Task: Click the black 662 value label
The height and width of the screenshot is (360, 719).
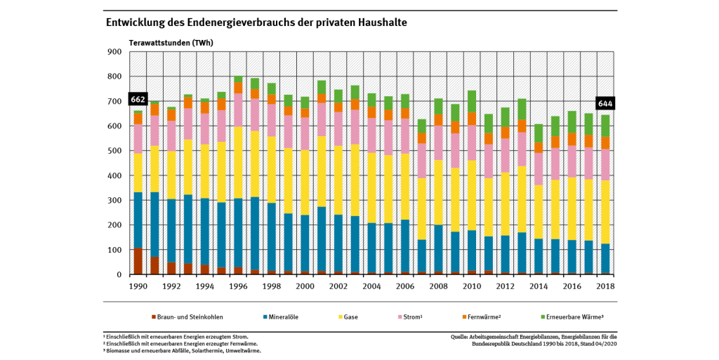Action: tap(138, 99)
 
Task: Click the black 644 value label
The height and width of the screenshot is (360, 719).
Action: tap(605, 104)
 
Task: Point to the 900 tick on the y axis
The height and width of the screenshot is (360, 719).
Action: tap(114, 52)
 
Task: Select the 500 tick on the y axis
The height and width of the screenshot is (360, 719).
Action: tap(114, 151)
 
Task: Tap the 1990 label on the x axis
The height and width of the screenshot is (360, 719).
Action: tap(138, 286)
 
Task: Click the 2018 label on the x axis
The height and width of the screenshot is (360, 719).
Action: tap(605, 286)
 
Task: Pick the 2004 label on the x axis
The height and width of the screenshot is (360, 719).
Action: tap(371, 286)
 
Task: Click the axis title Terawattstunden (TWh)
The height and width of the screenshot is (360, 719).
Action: tap(171, 42)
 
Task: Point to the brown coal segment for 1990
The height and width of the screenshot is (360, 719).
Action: tap(138, 261)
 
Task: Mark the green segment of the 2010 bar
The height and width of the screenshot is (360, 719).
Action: tap(471, 101)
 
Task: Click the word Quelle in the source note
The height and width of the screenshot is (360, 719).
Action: tap(463, 337)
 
